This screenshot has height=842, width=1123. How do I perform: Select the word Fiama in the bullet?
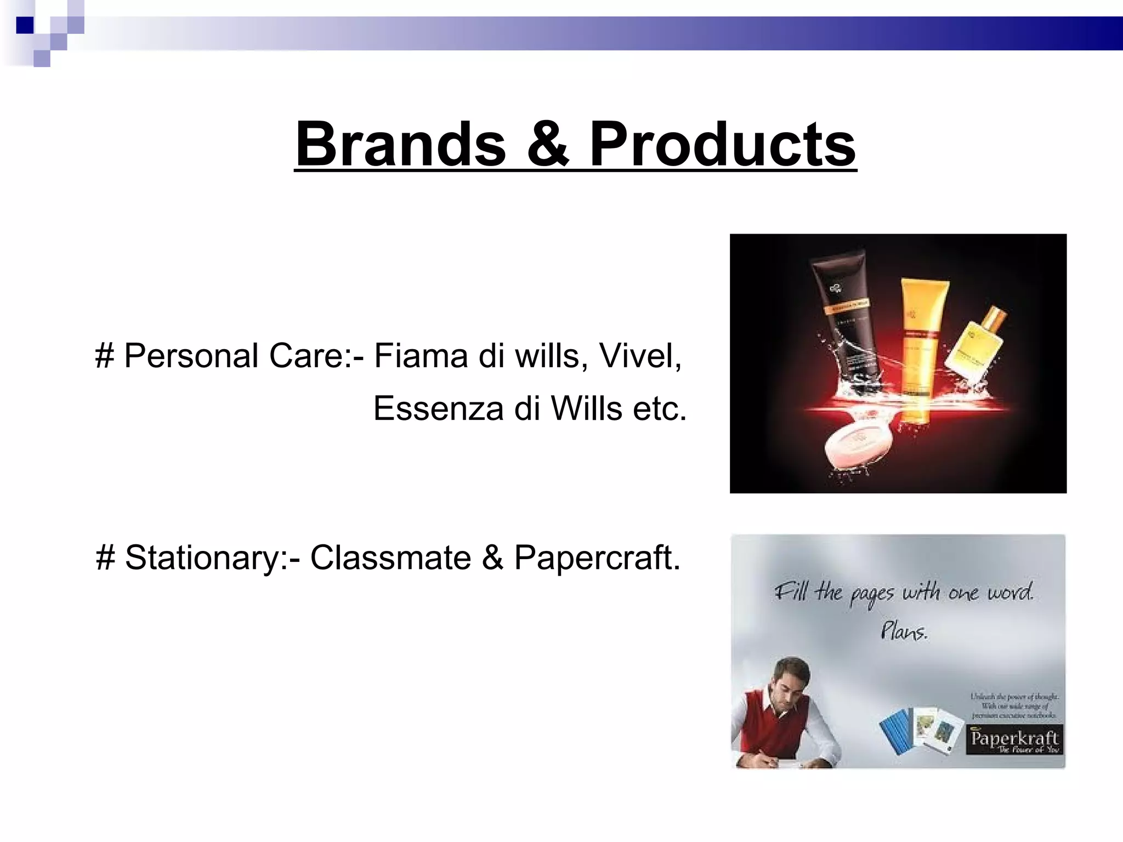[420, 355]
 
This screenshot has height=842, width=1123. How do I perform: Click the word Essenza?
[438, 408]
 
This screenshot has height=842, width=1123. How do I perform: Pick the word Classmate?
[390, 557]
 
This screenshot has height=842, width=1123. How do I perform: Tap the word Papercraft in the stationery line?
[597, 557]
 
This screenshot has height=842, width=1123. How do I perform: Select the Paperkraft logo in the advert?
[1013, 740]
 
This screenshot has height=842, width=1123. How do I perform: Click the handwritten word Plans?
[904, 631]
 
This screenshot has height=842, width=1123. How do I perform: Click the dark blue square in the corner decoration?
[25, 25]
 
